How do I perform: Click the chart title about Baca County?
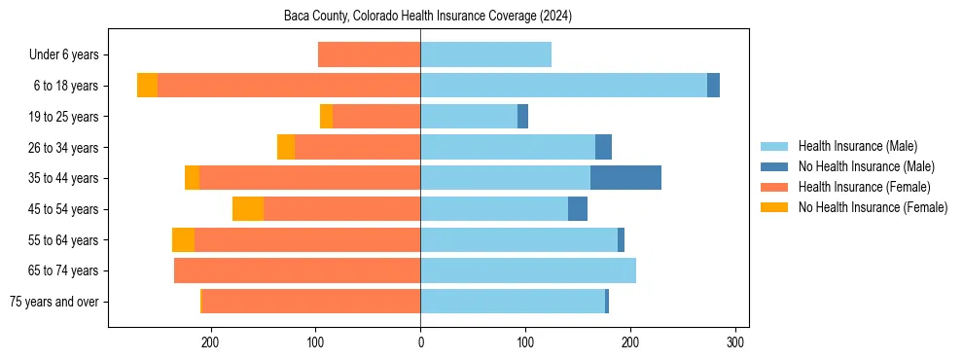point(428,17)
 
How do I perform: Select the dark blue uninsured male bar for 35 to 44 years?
point(625,178)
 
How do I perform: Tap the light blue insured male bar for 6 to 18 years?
point(563,86)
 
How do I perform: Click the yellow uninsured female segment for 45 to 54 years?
point(248,209)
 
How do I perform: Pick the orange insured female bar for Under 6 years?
point(369,54)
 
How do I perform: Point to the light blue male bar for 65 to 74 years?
point(528,270)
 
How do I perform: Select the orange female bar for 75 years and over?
point(311,302)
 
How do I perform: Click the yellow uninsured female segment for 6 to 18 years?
point(147,86)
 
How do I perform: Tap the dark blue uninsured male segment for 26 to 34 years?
point(603,147)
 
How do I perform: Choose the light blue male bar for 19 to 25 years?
point(469,117)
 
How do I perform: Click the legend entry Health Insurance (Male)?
point(857,146)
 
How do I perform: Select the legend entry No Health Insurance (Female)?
point(873,207)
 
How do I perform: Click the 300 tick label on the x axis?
point(735,342)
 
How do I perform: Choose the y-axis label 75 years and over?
point(53,302)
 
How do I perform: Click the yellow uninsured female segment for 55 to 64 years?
point(183,240)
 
